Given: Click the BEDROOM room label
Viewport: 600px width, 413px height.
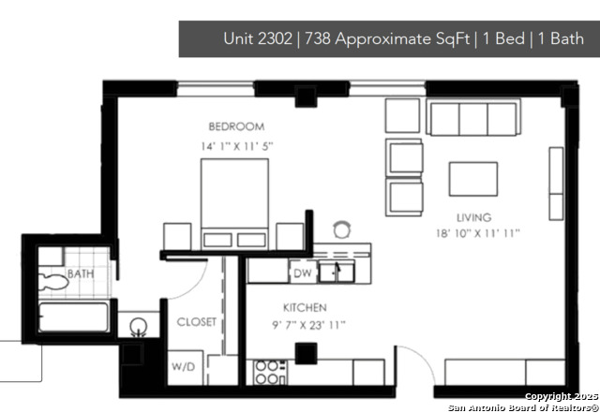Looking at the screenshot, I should (236, 125).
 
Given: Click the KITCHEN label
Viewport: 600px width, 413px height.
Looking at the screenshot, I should (305, 307).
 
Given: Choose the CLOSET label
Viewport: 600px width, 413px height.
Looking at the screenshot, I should (197, 322).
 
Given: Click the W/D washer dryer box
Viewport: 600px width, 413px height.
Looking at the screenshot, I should (182, 365).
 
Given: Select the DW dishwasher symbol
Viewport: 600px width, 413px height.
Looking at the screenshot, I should (302, 273).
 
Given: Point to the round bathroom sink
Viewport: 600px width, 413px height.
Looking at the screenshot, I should (140, 328).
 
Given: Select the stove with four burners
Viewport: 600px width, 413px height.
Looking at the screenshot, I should (268, 373).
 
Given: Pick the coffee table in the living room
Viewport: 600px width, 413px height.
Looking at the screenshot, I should (472, 178).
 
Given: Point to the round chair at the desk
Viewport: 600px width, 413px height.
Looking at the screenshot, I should (343, 228).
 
